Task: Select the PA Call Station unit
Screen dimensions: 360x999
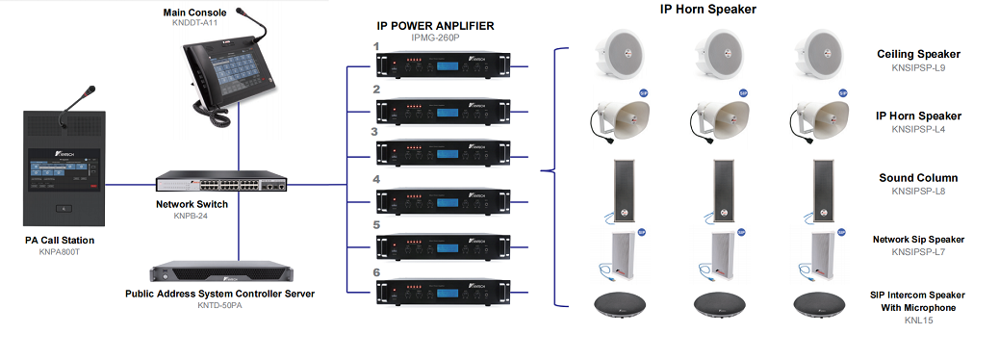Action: click(64, 167)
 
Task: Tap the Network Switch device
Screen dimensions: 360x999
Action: click(222, 182)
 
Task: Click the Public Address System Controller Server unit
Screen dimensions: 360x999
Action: click(221, 270)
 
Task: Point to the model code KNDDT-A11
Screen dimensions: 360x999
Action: click(196, 21)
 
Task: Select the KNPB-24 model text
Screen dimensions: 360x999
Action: click(175, 217)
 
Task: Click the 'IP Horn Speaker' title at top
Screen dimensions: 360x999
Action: click(707, 10)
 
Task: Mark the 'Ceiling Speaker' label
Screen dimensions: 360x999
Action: click(918, 55)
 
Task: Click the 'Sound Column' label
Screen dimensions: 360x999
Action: click(918, 178)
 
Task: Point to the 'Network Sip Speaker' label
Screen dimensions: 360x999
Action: click(918, 240)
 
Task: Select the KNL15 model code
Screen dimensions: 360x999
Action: click(918, 320)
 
